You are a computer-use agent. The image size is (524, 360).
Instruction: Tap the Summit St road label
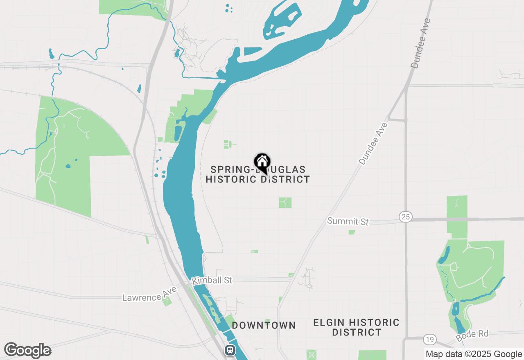[x=348, y=221]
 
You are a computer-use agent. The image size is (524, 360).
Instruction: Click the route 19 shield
[x=429, y=339]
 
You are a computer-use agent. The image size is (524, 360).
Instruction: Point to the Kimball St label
[x=212, y=281]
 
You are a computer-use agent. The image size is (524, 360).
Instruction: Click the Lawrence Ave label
[x=149, y=294]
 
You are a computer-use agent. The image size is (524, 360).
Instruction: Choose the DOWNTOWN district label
[x=264, y=325]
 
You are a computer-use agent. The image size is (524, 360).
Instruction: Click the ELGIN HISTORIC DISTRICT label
[x=357, y=327]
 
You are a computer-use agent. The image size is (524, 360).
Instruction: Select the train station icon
[x=230, y=350]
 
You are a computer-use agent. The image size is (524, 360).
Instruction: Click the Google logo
[x=27, y=351]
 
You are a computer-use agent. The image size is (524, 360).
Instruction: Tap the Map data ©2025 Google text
[x=474, y=354]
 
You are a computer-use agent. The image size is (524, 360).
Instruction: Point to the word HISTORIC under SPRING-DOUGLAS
[x=231, y=179]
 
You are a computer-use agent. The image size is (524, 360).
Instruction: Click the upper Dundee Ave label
[x=421, y=44]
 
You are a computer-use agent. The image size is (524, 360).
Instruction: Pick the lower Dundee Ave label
[x=373, y=143]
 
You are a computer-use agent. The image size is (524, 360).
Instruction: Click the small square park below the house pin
[x=285, y=202]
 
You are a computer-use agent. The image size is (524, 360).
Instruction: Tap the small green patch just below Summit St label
[x=352, y=232]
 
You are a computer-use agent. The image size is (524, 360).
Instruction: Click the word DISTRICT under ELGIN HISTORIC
[x=357, y=332]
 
